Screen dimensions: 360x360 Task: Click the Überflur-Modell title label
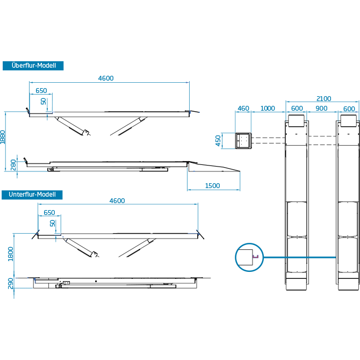coord(33,66)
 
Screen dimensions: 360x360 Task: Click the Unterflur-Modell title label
coord(32,195)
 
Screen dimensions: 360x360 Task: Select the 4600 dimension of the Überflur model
coord(106,78)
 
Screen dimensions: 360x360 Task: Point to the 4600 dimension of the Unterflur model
coord(117,201)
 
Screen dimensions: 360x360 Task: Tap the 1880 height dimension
coord(3,136)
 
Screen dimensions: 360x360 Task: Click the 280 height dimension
coord(13,165)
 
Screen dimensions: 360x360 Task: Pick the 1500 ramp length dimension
coord(212,185)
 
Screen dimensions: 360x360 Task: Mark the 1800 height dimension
coord(11,254)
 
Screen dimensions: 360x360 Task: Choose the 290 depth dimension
coord(11,283)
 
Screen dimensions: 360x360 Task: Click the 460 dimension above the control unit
coord(243,109)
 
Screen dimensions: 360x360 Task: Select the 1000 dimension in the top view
coord(268,109)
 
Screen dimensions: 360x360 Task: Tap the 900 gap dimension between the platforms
coord(321,109)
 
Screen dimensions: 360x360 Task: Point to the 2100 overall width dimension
coord(323,99)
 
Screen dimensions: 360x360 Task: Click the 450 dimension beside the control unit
coord(218,141)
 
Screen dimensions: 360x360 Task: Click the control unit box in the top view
coord(243,141)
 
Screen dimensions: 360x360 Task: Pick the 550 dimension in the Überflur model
coord(41,91)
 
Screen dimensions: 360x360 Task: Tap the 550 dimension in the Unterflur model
coord(49,213)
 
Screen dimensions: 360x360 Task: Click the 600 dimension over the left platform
coord(297,109)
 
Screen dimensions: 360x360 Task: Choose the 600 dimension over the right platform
coord(349,109)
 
